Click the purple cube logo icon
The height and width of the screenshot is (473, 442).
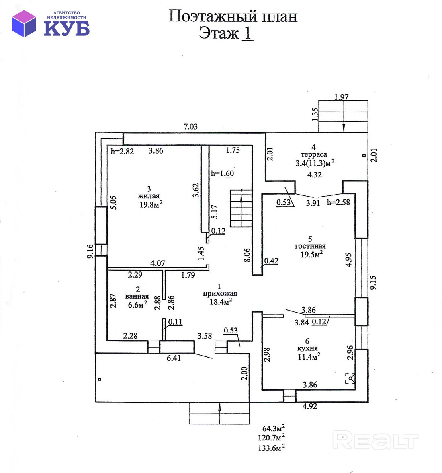pos(24,23)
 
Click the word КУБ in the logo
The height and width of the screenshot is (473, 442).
pos(66,28)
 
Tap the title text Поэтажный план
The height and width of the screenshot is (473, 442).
pos(233,16)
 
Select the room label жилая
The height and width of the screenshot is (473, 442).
pos(149,196)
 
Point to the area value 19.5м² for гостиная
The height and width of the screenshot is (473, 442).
pos(312,254)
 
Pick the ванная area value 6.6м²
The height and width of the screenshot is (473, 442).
pos(137,304)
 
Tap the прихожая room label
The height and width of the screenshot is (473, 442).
pos(220,294)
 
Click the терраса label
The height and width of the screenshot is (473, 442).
pos(313,154)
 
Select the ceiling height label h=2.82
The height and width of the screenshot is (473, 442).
pos(122,151)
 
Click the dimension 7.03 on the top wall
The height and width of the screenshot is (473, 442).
pos(190,127)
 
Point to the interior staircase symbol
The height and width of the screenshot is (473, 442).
pos(241,208)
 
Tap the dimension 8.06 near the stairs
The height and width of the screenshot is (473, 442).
pos(247,255)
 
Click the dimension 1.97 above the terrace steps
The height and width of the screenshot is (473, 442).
pos(341,97)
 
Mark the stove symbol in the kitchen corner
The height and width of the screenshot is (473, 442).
pos(350,379)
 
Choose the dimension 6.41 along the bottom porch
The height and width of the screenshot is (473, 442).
pos(174,358)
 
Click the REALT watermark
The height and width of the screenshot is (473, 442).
pos(376,440)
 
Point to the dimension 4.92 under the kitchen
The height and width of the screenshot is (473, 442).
pos(309,406)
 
